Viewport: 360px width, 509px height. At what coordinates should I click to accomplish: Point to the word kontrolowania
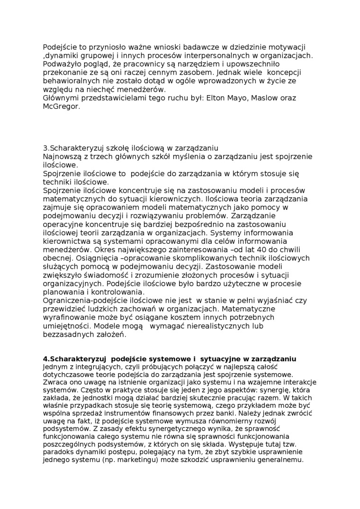click(x=104, y=292)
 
